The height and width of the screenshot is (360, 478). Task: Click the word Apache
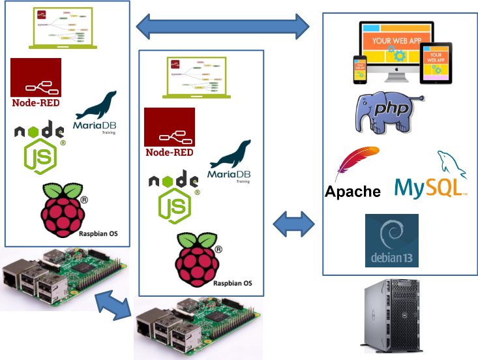click(353, 192)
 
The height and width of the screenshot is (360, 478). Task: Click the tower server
click(392, 316)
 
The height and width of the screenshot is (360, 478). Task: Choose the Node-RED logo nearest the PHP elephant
click(170, 133)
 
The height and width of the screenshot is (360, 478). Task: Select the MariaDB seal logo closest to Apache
click(230, 160)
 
